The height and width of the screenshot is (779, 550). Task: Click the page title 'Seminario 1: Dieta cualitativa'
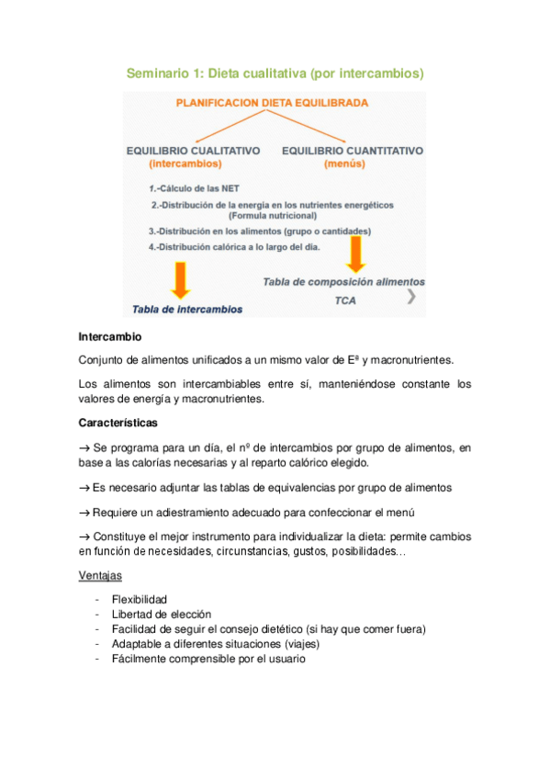(x=275, y=72)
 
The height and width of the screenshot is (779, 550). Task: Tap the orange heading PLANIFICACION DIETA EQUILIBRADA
(x=273, y=103)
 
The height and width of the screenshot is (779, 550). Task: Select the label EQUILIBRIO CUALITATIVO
(x=193, y=150)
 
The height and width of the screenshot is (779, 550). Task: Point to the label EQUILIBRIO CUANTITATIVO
(x=352, y=150)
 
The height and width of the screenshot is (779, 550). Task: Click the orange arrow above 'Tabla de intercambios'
(x=180, y=279)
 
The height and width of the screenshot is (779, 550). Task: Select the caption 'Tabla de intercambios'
(x=187, y=310)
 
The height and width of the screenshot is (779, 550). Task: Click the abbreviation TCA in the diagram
(x=345, y=300)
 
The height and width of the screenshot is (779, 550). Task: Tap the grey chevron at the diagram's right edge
(x=411, y=296)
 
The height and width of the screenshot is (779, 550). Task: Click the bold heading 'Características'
(x=118, y=423)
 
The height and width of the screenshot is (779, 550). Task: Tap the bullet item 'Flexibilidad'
(x=140, y=600)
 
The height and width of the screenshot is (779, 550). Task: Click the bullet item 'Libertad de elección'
(x=162, y=614)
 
